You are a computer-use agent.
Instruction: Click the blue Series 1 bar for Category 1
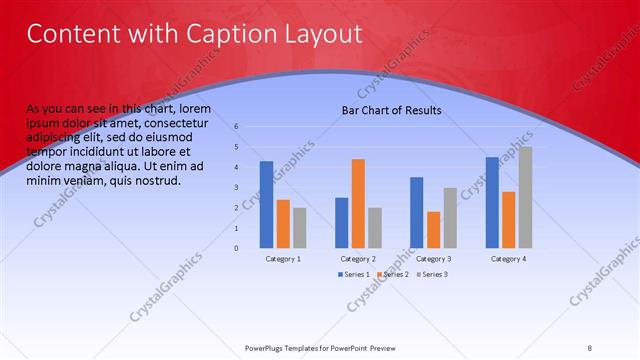tap(266, 204)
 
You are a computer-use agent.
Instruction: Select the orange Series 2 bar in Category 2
tap(358, 203)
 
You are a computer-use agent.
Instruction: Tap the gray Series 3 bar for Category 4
tap(525, 197)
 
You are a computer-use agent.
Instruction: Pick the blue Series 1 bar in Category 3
tap(416, 212)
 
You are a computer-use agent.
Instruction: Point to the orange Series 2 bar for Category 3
tap(433, 229)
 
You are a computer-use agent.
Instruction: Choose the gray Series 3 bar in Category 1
tap(300, 227)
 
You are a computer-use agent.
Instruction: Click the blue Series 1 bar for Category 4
tap(492, 202)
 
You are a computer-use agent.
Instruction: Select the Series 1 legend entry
tap(355, 274)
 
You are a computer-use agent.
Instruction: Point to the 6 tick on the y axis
tap(236, 127)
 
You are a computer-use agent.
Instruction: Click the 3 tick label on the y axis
tap(236, 187)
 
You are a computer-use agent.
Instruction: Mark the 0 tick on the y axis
tap(236, 248)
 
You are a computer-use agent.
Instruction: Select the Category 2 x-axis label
tap(358, 259)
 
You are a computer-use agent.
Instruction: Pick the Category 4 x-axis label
tap(508, 259)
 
